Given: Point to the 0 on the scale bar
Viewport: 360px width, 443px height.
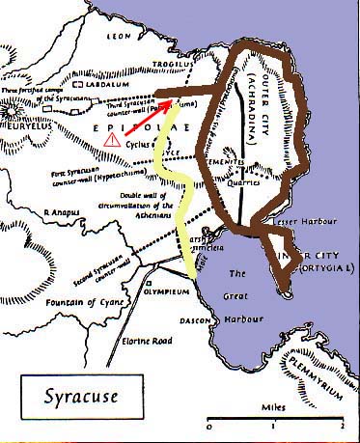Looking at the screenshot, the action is [209, 426].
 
